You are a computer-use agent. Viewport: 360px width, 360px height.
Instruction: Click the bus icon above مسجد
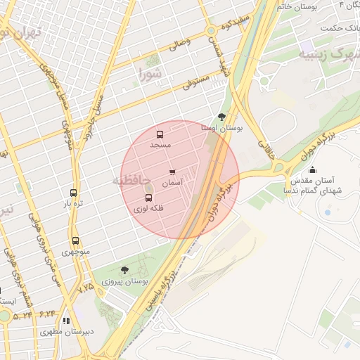(x=160, y=134)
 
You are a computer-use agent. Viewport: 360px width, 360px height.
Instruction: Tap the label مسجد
(x=160, y=144)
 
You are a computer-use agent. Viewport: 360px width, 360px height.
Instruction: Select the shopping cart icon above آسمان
(x=172, y=172)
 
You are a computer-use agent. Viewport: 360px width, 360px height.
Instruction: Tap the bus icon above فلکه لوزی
(x=148, y=198)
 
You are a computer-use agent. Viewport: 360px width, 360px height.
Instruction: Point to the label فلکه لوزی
(x=148, y=209)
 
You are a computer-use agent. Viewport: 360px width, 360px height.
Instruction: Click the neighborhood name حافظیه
(x=131, y=181)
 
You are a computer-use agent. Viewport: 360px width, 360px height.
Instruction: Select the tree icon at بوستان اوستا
(x=222, y=117)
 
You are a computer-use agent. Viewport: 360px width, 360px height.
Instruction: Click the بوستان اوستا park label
(x=221, y=129)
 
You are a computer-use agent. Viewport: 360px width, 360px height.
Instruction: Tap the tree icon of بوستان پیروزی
(x=124, y=269)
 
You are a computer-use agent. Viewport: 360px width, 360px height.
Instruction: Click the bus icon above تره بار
(x=74, y=193)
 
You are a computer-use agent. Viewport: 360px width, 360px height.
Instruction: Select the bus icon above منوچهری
(x=75, y=240)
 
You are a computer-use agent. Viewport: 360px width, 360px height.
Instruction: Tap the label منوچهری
(x=75, y=251)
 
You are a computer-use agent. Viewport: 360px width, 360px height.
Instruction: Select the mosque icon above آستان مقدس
(x=312, y=169)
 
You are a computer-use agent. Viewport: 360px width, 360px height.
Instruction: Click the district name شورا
(x=150, y=72)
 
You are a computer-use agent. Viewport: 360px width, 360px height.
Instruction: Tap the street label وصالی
(x=179, y=45)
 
